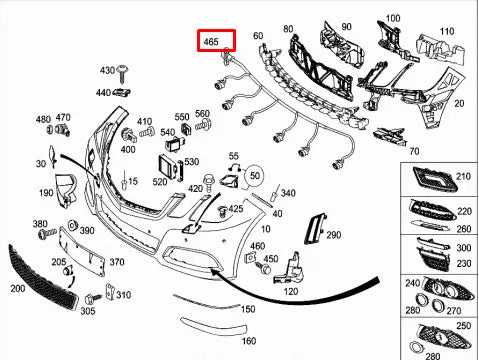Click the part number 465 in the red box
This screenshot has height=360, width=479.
point(211,42)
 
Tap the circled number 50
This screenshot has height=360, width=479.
point(255,175)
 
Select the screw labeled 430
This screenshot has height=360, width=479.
point(122,74)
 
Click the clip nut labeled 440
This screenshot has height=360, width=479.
point(121,92)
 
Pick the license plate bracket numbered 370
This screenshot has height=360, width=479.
point(81,251)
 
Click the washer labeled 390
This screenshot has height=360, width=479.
point(72,225)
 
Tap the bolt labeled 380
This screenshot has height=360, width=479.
point(48,233)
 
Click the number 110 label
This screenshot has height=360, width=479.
point(447,31)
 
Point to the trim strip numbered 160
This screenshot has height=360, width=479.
point(213,326)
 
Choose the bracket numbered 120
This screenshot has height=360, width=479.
point(289,269)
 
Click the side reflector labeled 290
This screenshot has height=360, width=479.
point(314,229)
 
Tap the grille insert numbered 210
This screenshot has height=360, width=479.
point(434,178)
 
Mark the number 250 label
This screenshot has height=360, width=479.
point(463,326)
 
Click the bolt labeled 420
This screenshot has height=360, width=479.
point(209,182)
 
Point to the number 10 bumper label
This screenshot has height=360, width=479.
point(265,229)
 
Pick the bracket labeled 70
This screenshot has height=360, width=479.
point(390,136)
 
